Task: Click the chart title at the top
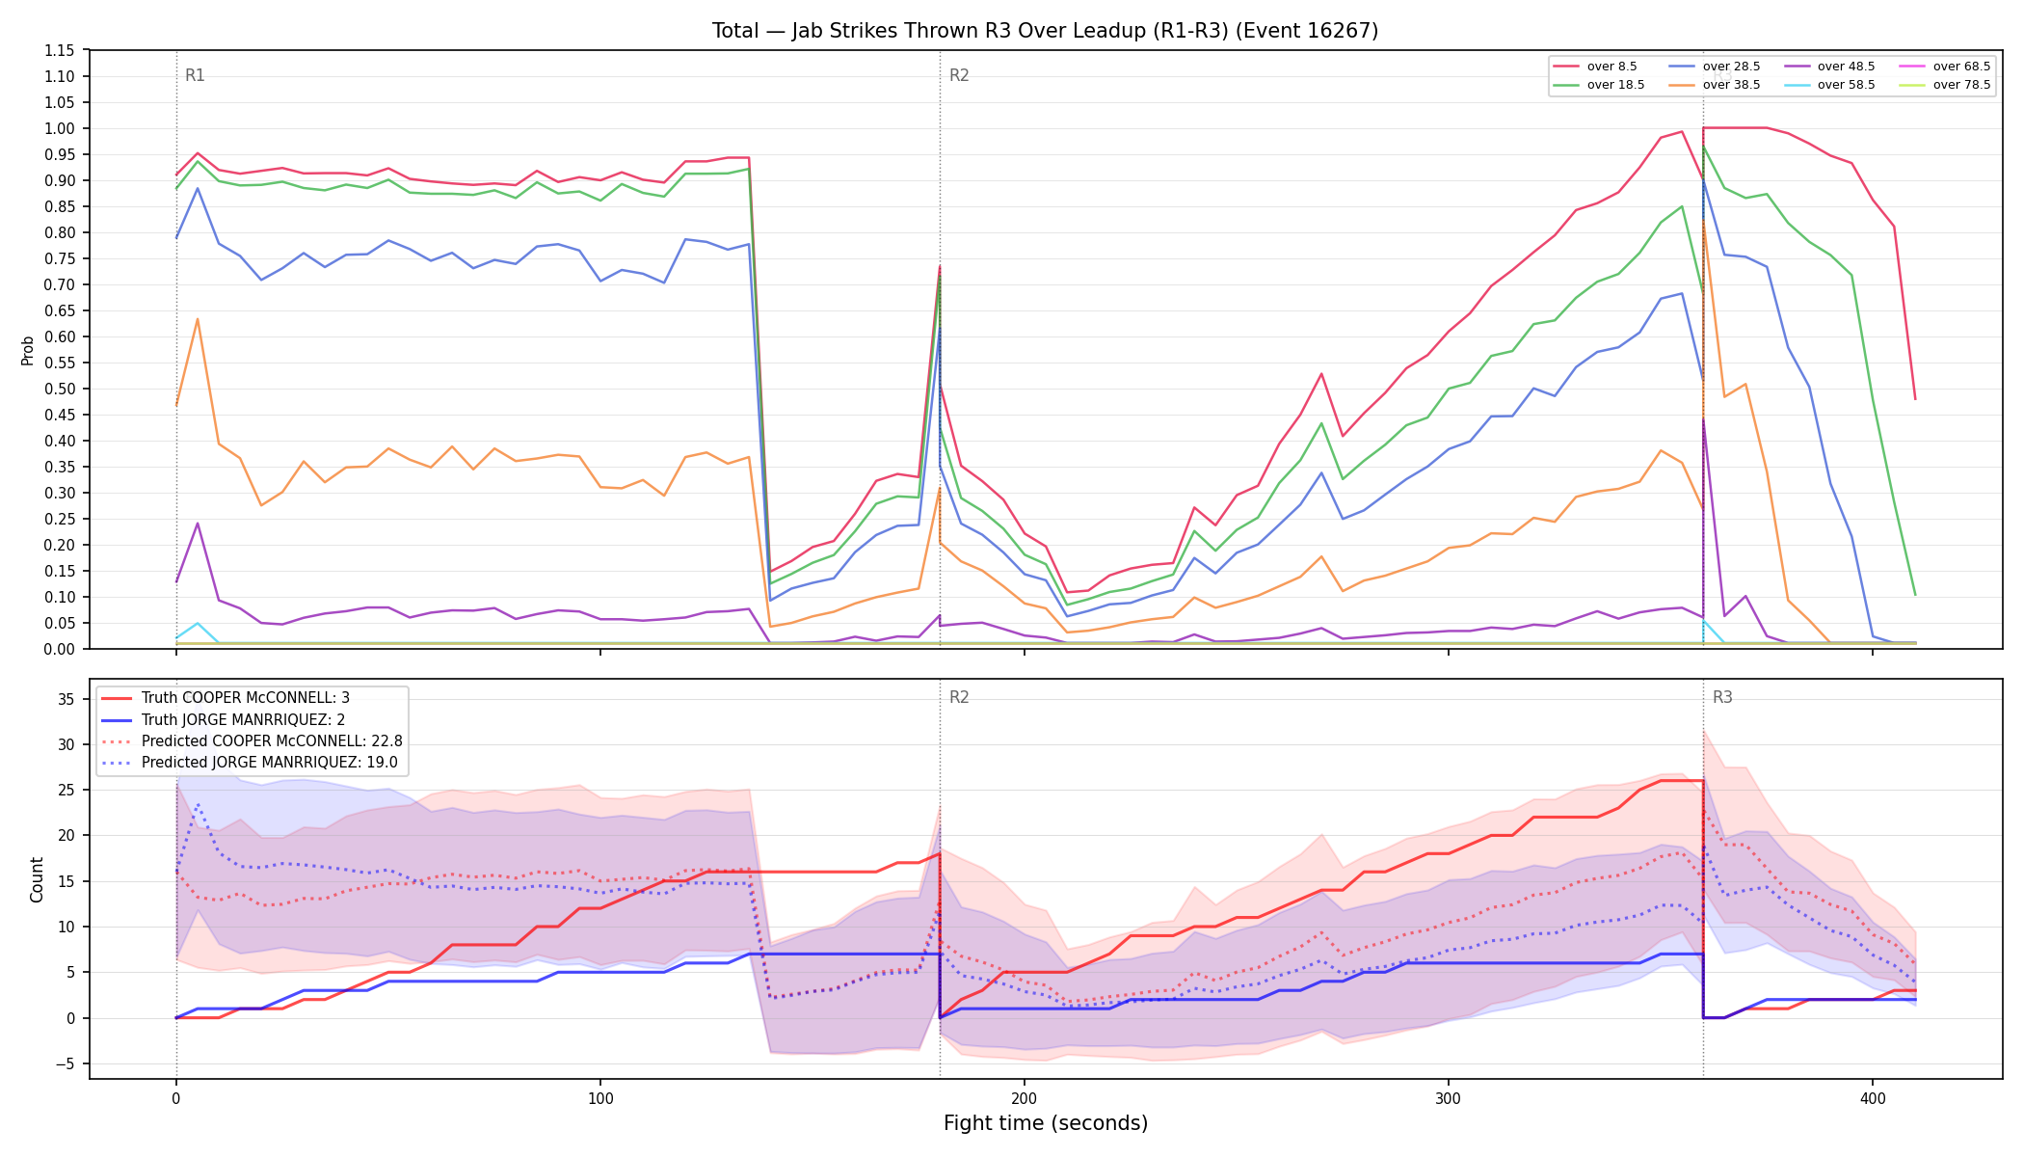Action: (1045, 31)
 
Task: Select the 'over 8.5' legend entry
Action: (1596, 67)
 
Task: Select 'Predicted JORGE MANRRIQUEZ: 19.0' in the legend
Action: (252, 762)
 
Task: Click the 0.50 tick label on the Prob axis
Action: (60, 389)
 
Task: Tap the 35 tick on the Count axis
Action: (66, 699)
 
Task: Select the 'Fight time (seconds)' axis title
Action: (1046, 1123)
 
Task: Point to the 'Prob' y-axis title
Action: (28, 350)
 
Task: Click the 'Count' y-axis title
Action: (37, 879)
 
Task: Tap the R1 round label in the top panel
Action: (195, 75)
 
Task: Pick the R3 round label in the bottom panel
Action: (1722, 697)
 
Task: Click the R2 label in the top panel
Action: (959, 75)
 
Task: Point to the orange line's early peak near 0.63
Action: (198, 319)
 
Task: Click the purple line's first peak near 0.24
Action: (198, 524)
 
